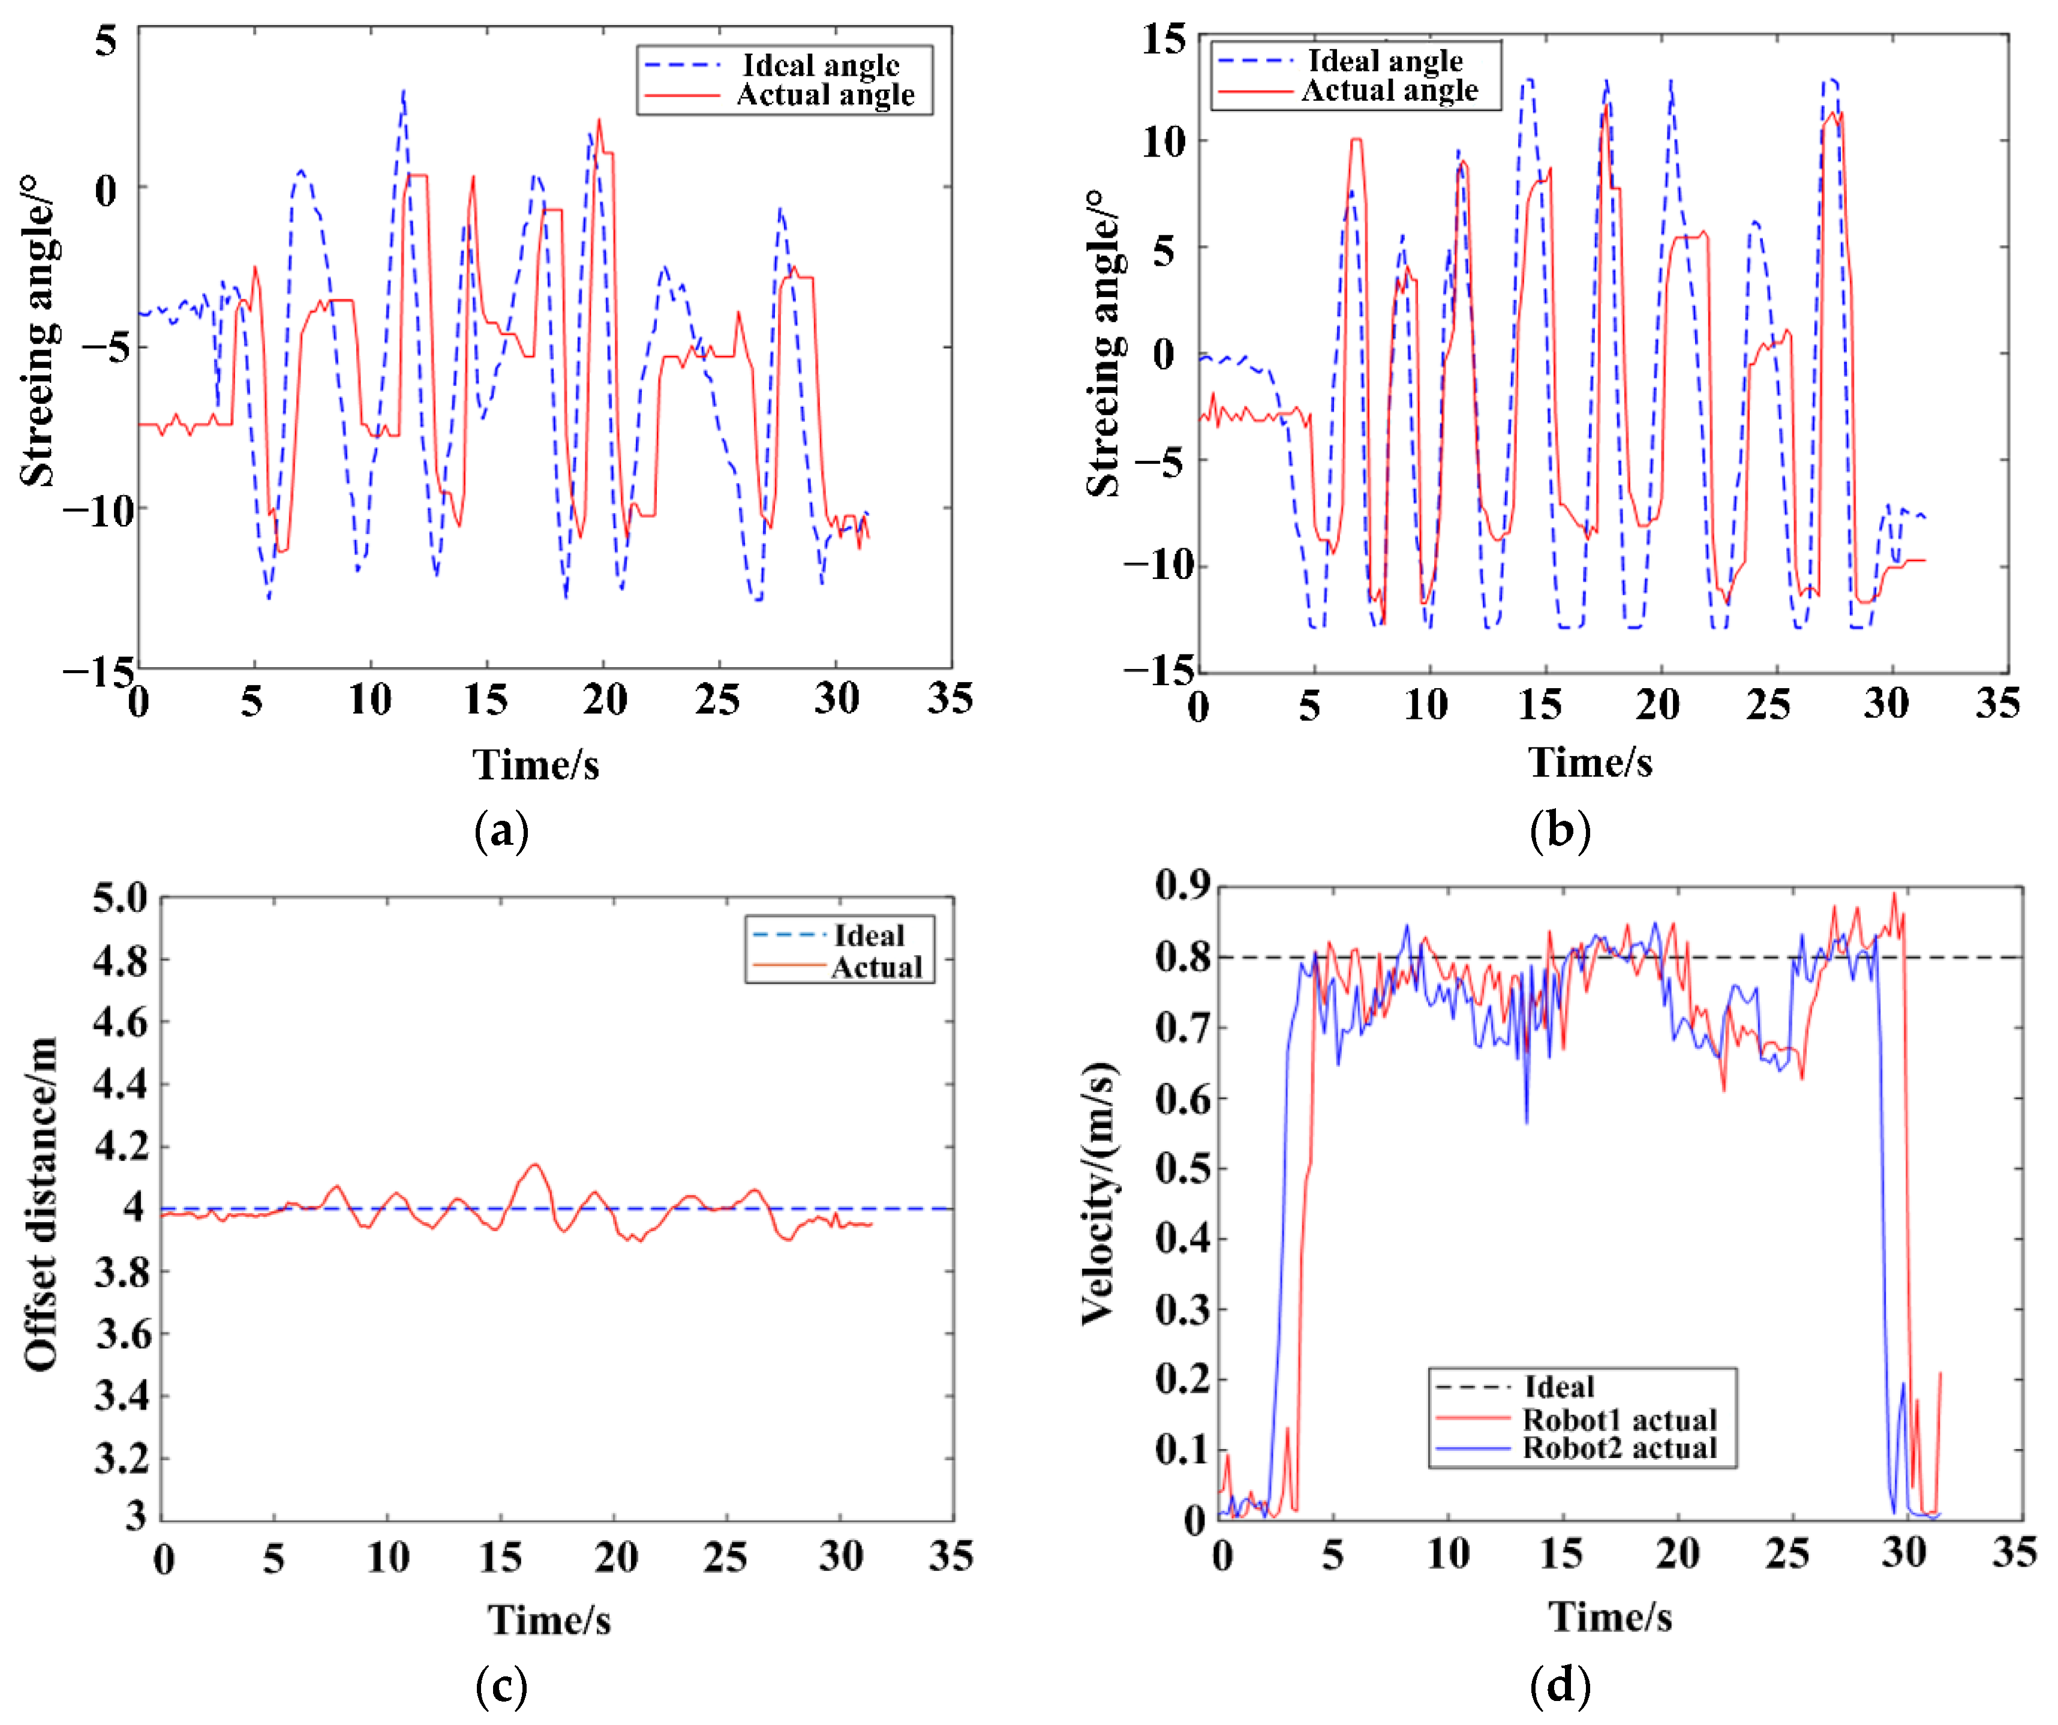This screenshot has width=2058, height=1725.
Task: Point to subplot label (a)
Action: [501, 831]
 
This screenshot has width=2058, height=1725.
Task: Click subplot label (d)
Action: [1559, 1686]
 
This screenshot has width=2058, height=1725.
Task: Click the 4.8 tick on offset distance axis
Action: [121, 961]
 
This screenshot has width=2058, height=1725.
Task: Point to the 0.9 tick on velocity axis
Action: [1183, 885]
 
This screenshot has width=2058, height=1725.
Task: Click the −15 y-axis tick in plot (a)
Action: [98, 671]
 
